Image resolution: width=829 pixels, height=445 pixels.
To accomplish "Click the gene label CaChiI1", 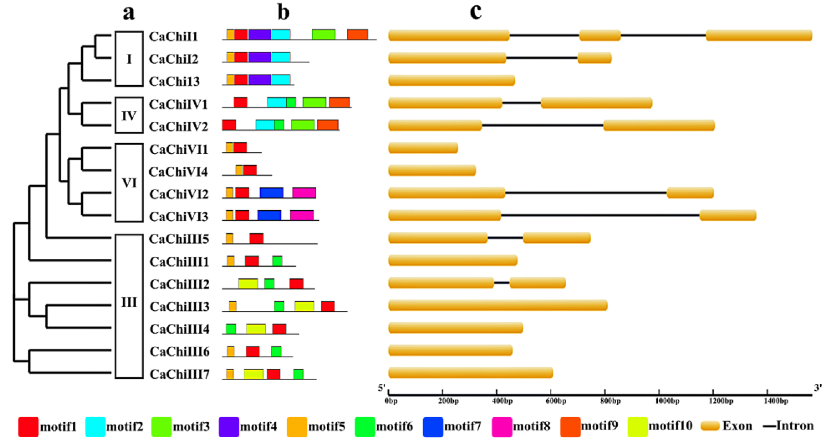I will click(173, 36).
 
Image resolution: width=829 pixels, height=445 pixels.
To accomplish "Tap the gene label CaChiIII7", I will click(179, 374).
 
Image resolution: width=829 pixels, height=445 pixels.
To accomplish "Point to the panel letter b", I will click(283, 13).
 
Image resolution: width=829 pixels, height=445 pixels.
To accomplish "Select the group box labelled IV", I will click(129, 115).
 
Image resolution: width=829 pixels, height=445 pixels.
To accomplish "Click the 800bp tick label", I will click(610, 401).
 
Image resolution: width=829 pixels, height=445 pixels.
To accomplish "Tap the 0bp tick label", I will click(391, 401).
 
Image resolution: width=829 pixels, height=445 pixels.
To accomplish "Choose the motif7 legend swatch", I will click(433, 427).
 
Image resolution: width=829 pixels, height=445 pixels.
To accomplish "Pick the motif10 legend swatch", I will click(637, 427).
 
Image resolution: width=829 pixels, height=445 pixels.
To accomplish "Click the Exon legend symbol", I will click(710, 426).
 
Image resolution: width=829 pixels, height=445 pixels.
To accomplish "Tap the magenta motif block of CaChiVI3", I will click(302, 215).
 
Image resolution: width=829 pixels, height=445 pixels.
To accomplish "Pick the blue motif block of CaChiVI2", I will click(271, 193).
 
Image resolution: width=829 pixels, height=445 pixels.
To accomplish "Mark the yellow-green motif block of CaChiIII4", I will click(256, 329).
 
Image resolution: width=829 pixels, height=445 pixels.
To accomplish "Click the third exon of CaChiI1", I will click(759, 35).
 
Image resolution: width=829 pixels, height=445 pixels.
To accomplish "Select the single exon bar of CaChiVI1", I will click(423, 148).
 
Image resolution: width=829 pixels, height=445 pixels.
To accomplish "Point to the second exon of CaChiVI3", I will click(728, 215).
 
